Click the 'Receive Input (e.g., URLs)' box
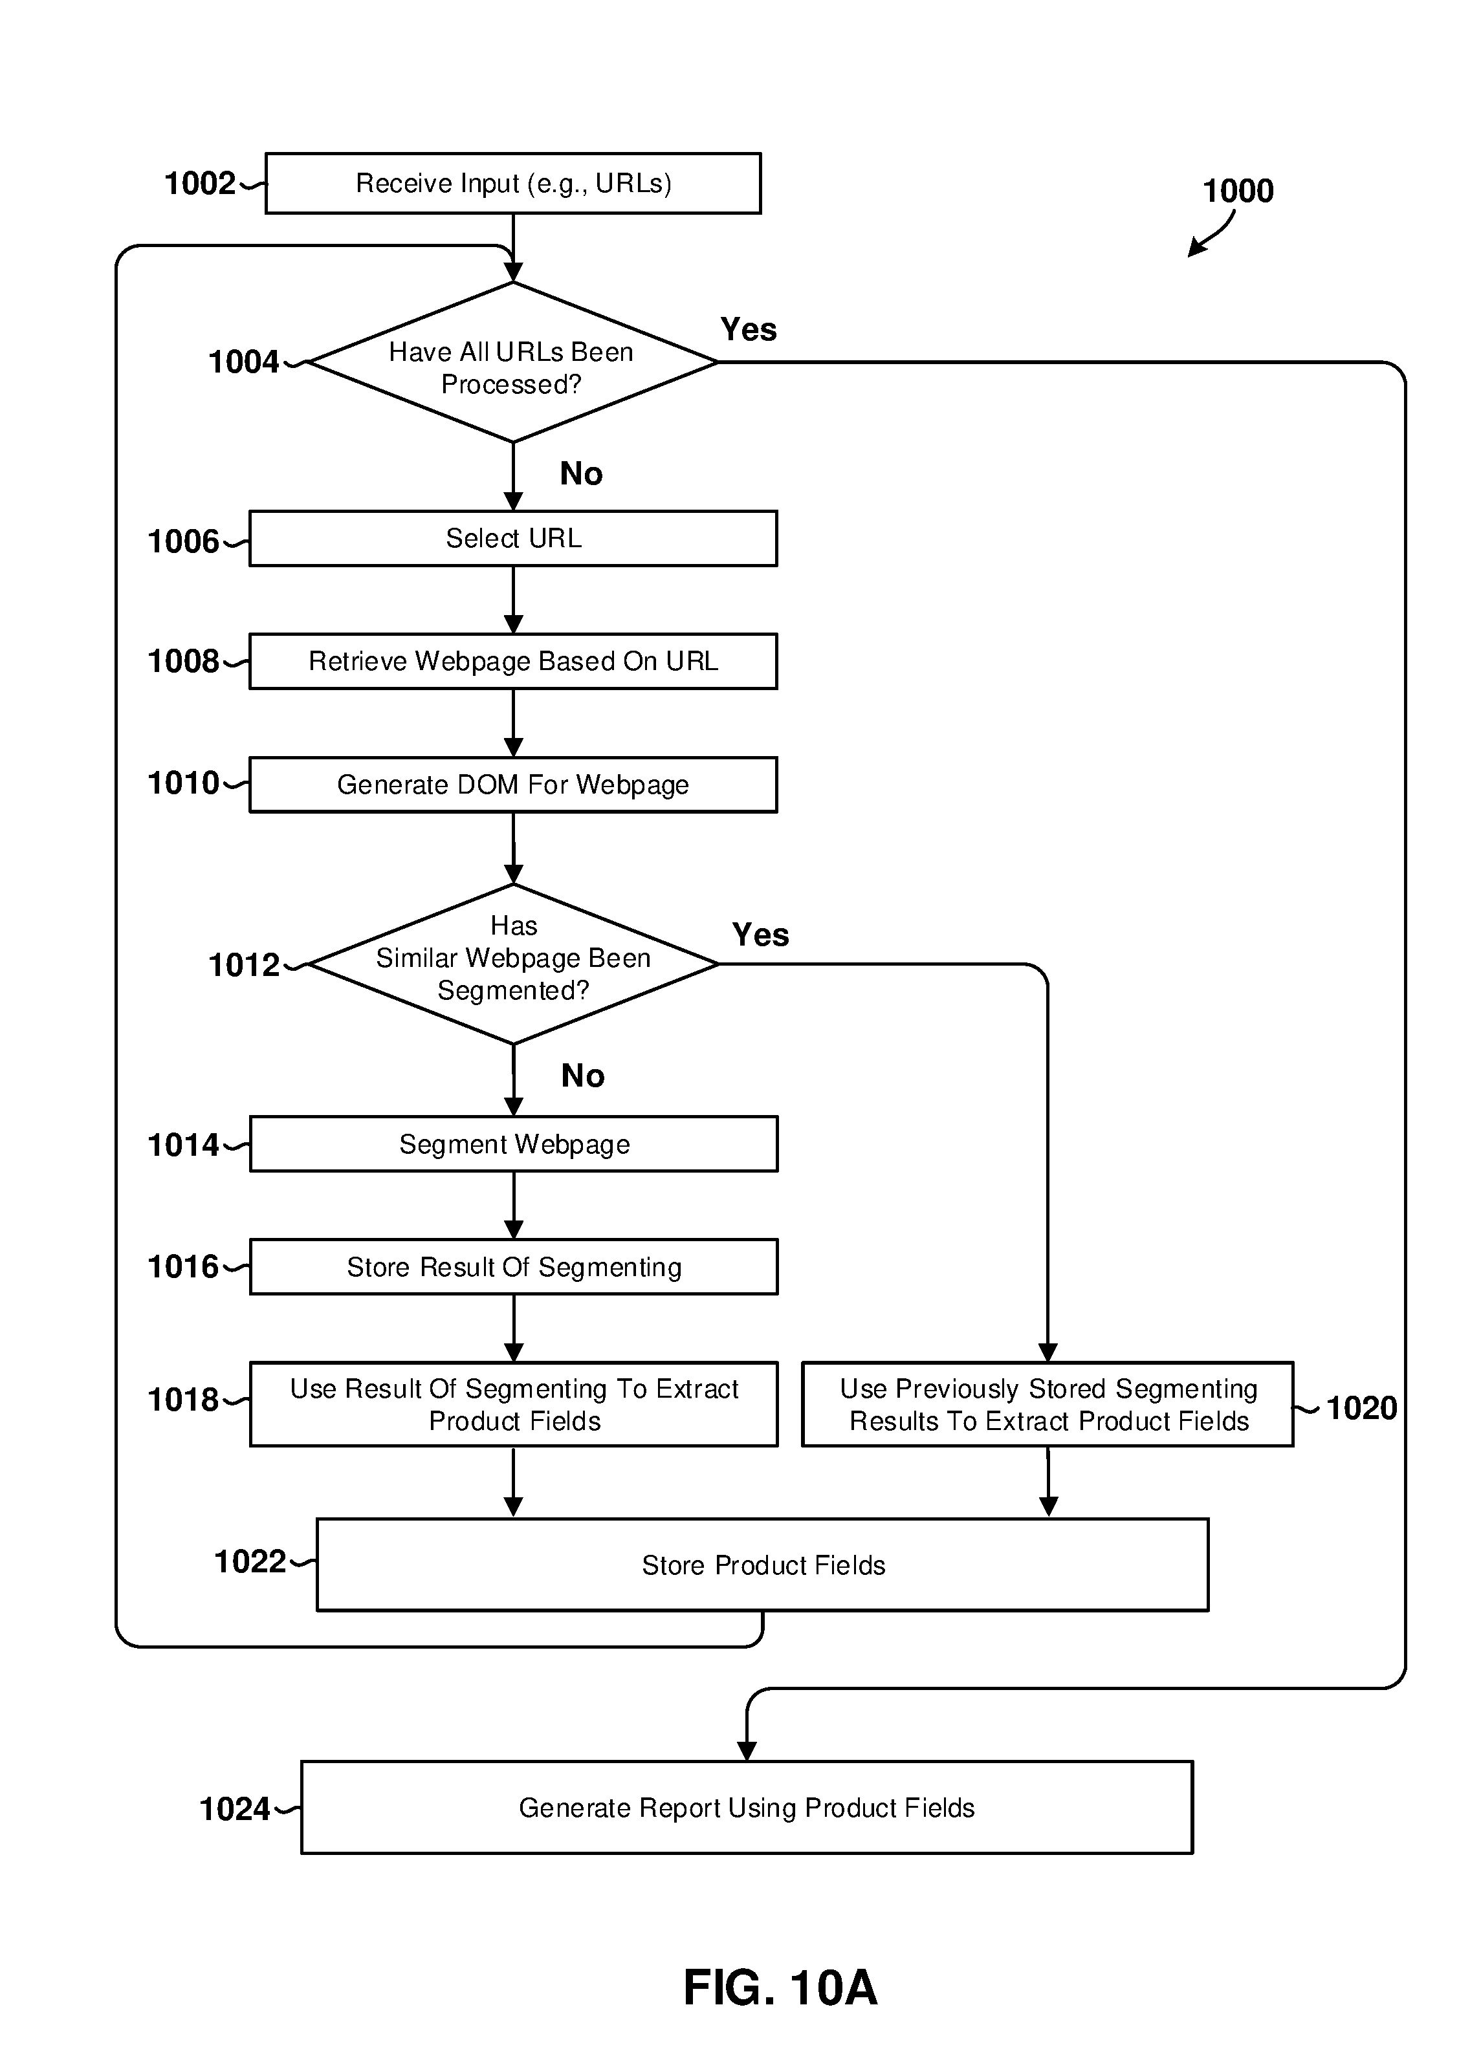pos(513,184)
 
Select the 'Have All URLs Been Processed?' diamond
pos(513,362)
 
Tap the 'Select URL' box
pos(513,539)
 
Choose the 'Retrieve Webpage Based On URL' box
pos(513,661)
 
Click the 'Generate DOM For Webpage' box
pos(513,784)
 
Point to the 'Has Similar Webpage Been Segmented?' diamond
pos(513,964)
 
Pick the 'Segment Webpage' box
pos(513,1144)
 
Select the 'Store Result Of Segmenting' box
pos(513,1266)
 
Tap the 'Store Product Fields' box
pos(763,1565)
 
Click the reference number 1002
pos(200,184)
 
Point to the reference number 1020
pos(1361,1407)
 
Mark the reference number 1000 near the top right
pos(1238,191)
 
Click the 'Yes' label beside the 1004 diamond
pos(748,329)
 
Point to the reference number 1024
pos(234,1808)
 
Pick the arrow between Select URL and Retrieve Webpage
pos(513,600)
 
